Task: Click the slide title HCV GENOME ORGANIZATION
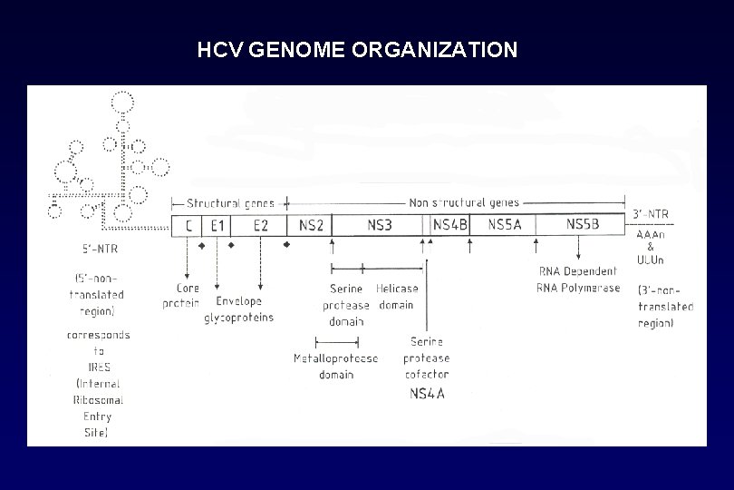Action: (x=357, y=50)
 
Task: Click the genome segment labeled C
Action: (x=187, y=225)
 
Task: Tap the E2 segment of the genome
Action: (x=260, y=225)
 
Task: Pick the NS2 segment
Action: (x=310, y=225)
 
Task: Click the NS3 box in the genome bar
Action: (x=379, y=225)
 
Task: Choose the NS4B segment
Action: (x=450, y=225)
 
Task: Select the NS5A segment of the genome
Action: (x=504, y=225)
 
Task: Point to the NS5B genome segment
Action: (x=582, y=225)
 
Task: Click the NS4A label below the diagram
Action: (x=428, y=393)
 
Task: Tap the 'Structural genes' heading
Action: (x=230, y=202)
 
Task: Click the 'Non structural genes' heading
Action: (x=463, y=202)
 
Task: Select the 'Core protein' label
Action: (x=181, y=296)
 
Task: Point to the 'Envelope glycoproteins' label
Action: (x=238, y=309)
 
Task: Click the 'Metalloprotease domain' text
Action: (x=335, y=367)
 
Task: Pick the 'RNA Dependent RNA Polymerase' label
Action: (x=578, y=279)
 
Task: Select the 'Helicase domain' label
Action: (x=396, y=297)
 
